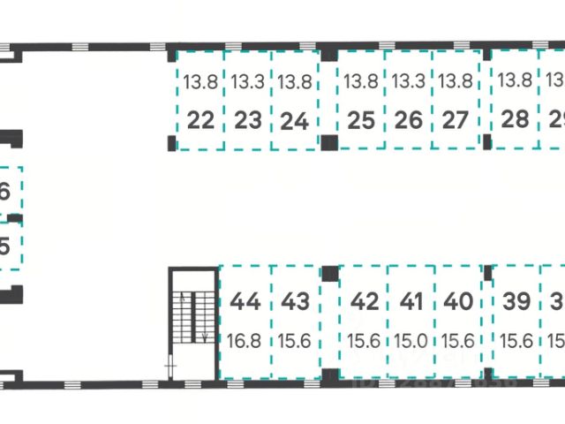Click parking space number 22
tap(201, 119)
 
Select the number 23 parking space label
tap(248, 119)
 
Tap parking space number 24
tap(294, 119)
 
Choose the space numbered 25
tap(361, 119)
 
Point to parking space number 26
tap(409, 119)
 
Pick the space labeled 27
tap(455, 119)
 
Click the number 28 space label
tap(515, 119)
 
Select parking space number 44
tap(245, 302)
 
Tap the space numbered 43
tap(295, 302)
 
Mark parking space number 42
tap(365, 302)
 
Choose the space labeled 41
tap(412, 302)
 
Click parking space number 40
tap(458, 302)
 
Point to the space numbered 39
tap(516, 302)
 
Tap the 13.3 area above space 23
tap(248, 82)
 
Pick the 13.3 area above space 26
tap(409, 82)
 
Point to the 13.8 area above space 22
tap(200, 82)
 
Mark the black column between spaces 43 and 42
tap(329, 273)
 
